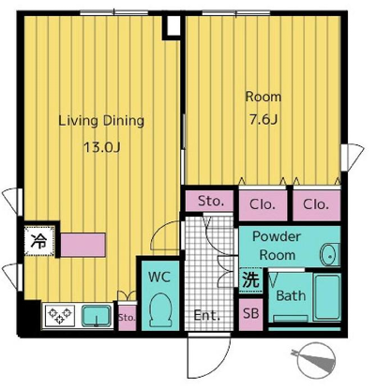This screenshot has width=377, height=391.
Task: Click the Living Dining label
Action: click(101, 121)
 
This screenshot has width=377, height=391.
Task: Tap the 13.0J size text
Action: click(102, 147)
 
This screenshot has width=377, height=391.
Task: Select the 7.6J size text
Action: click(264, 119)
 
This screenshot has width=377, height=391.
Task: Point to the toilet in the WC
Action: click(160, 309)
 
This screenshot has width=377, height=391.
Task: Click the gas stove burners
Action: click(60, 315)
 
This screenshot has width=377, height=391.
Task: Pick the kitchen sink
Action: click(97, 316)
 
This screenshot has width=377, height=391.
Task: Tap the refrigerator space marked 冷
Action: click(39, 241)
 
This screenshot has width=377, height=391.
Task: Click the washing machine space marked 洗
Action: click(251, 280)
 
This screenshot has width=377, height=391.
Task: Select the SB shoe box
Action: click(251, 314)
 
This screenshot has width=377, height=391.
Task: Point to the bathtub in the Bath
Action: click(327, 297)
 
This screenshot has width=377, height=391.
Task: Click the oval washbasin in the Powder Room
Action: click(329, 255)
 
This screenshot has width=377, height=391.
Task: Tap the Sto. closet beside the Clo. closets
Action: click(209, 202)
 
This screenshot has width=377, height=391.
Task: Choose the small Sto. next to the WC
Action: click(127, 318)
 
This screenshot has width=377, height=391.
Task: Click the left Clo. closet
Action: click(263, 205)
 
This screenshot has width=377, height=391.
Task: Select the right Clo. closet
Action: click(316, 205)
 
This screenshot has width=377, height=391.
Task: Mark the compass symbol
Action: click(314, 359)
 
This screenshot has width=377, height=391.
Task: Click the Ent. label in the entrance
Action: click(207, 315)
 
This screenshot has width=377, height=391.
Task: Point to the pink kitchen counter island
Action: click(83, 245)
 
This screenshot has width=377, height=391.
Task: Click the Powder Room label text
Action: click(277, 246)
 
